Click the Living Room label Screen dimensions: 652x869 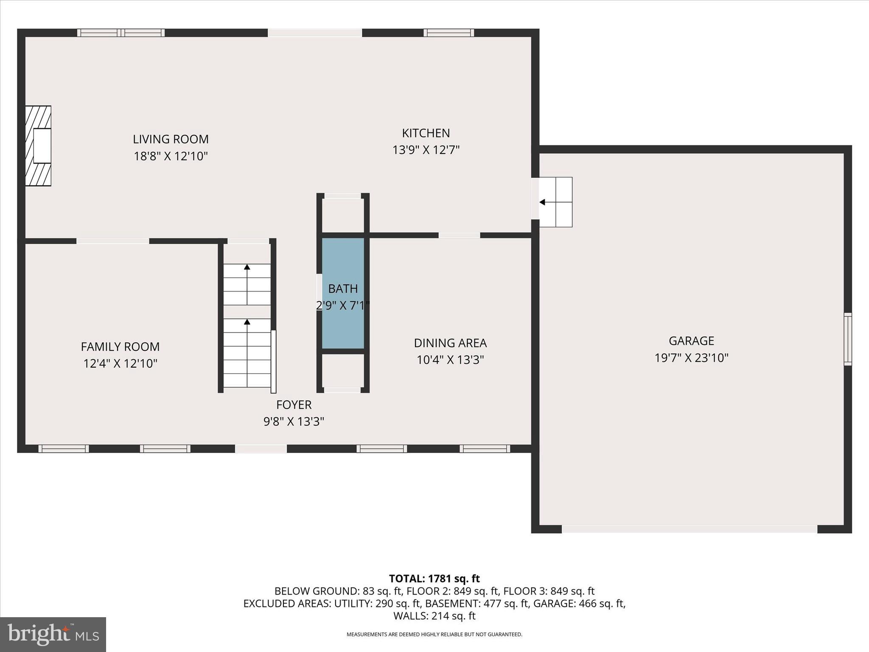click(x=171, y=139)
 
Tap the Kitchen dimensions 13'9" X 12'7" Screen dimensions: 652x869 click(x=426, y=150)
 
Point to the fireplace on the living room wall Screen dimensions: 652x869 click(x=39, y=146)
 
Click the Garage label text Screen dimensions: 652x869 click(x=691, y=341)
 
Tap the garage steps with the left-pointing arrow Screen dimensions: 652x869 click(x=555, y=202)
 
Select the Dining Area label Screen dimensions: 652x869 click(x=450, y=343)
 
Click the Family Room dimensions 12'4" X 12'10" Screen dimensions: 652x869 click(x=121, y=364)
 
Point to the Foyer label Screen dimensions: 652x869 click(x=294, y=405)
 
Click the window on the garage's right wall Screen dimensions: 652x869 click(x=847, y=339)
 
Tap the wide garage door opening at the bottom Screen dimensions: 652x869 click(x=690, y=529)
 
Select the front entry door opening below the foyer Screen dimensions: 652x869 click(x=261, y=449)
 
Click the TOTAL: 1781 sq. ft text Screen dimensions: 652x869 click(x=434, y=579)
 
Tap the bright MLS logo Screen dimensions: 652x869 click(x=53, y=635)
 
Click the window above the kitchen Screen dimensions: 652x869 click(x=449, y=33)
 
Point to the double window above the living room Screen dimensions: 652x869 click(x=121, y=33)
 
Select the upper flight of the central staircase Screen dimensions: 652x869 click(x=247, y=284)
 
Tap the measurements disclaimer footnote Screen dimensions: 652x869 click(x=434, y=635)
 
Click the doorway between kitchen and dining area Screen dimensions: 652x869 click(x=459, y=235)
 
